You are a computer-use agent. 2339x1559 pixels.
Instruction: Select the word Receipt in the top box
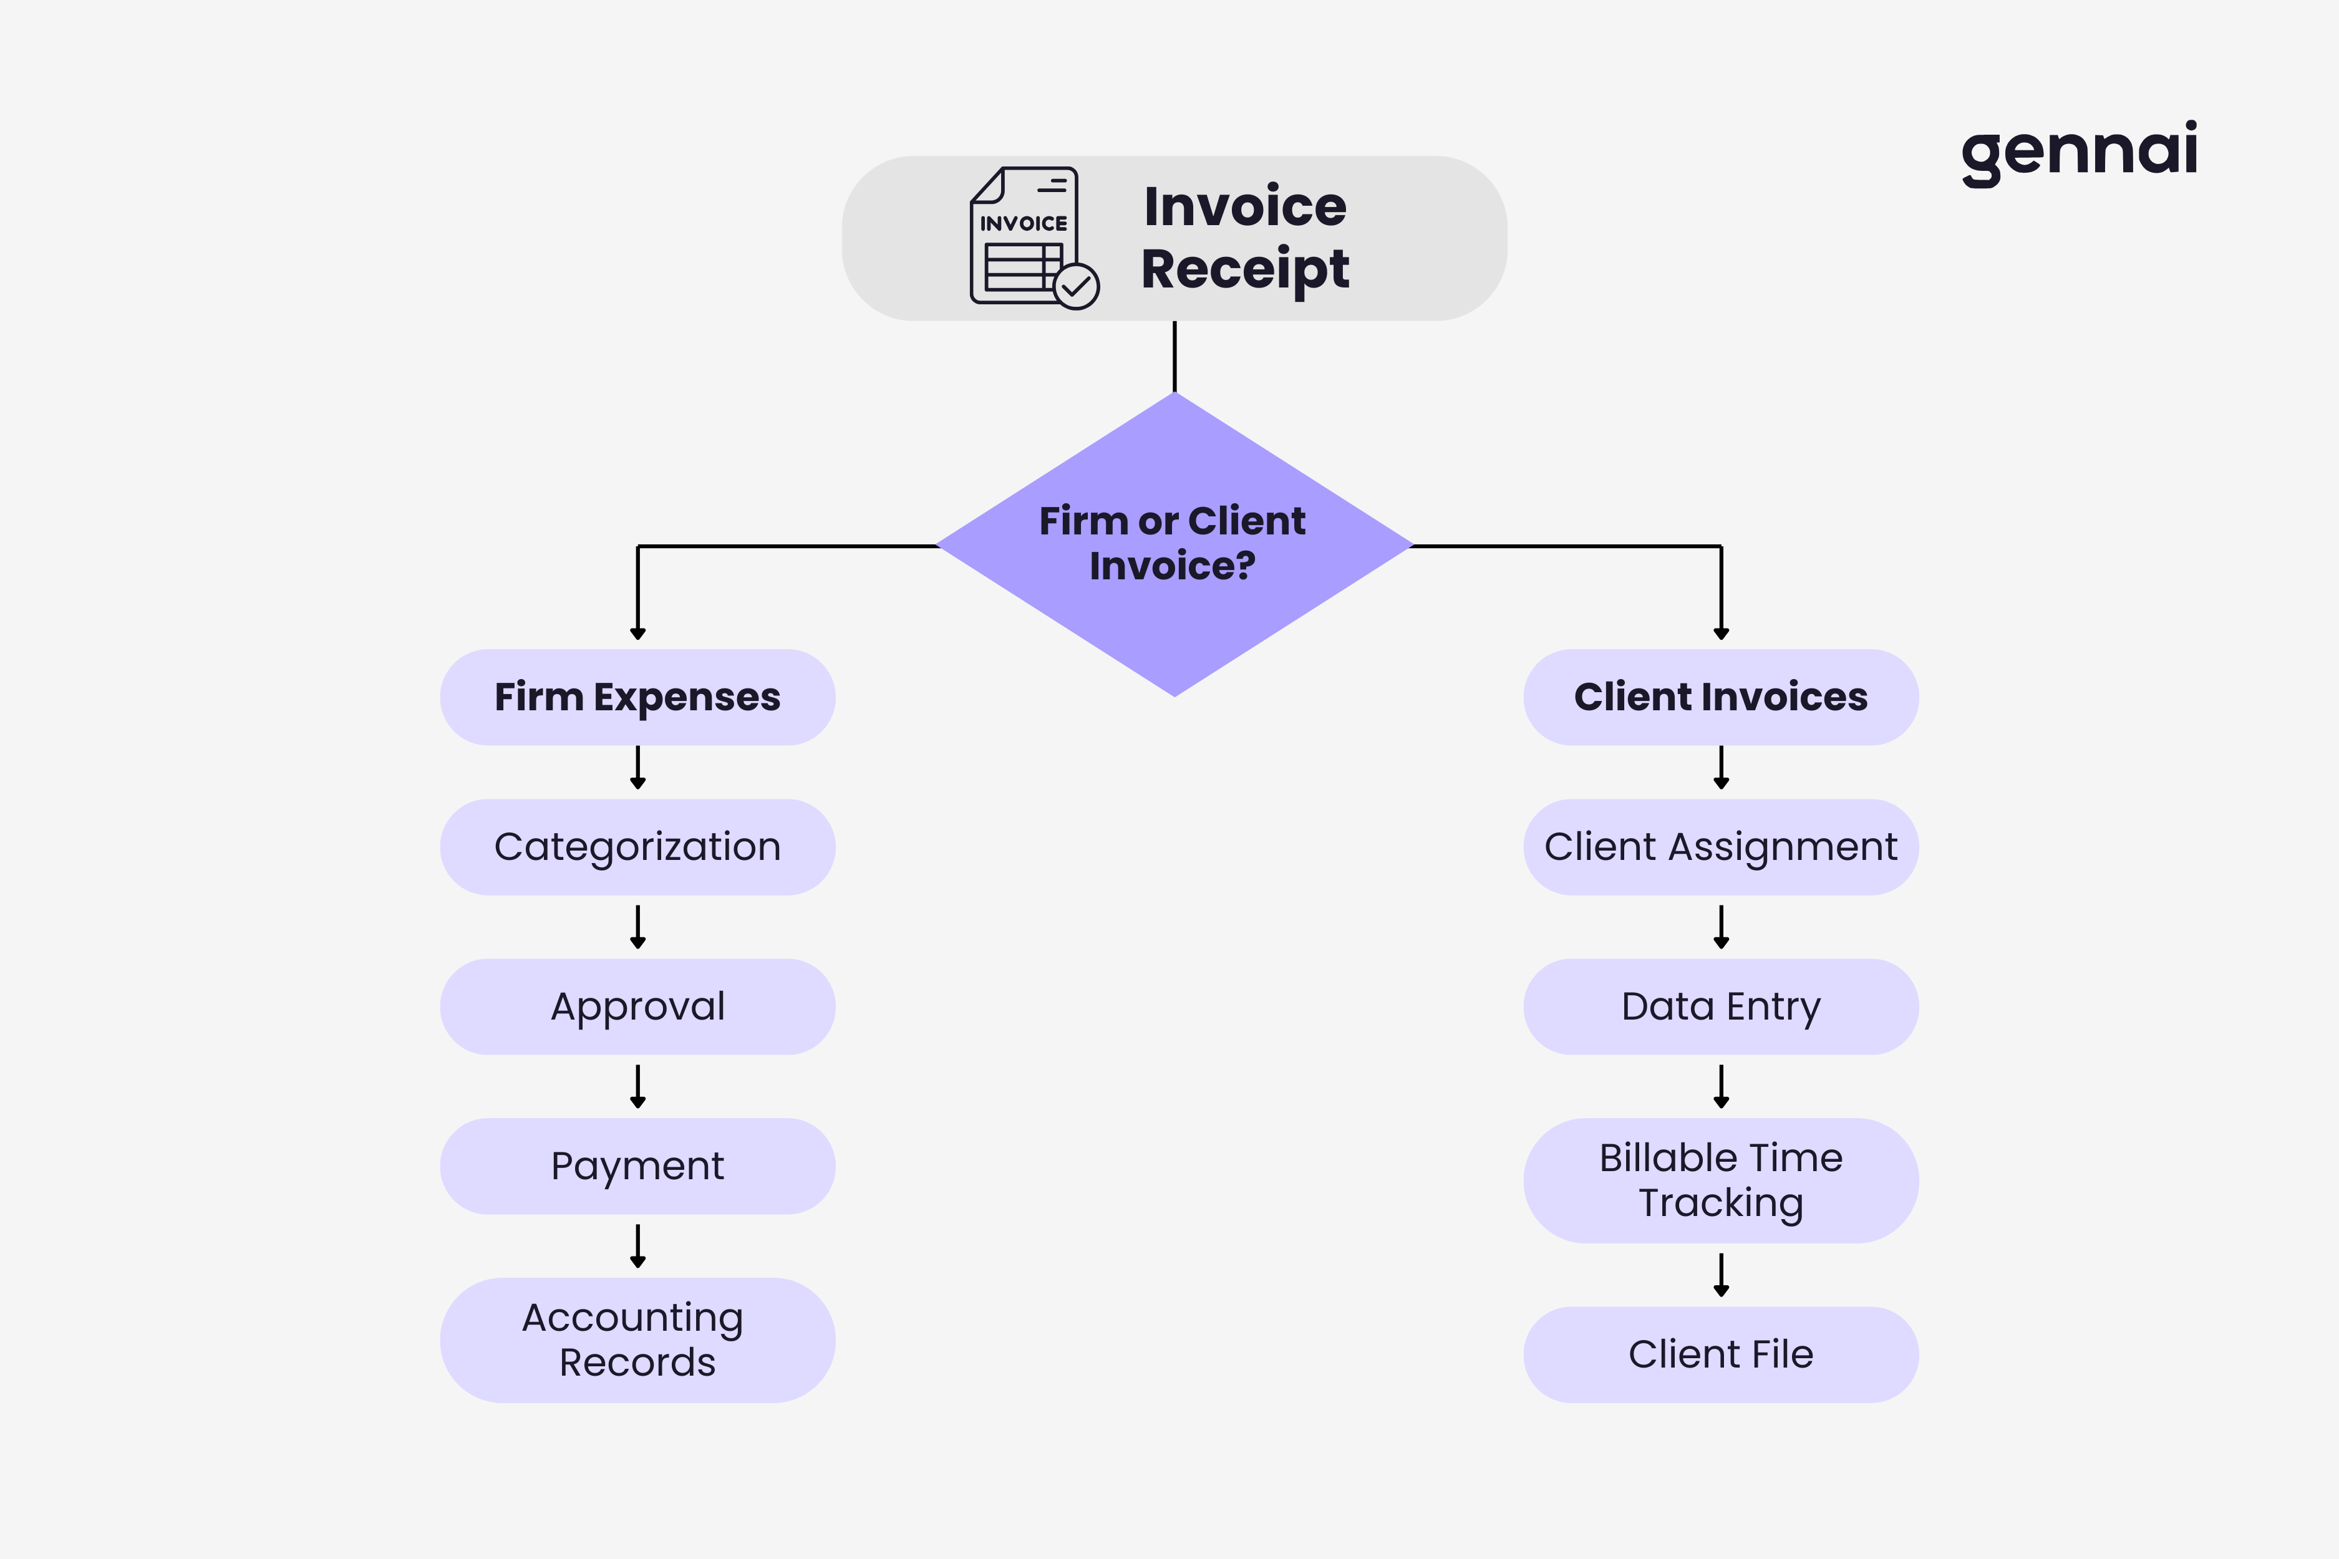coord(1244,268)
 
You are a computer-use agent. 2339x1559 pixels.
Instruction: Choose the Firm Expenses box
coord(637,697)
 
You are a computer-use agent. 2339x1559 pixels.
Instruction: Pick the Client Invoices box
coord(1720,697)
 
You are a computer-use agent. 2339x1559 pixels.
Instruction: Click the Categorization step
coord(637,847)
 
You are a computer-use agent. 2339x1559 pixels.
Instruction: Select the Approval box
coord(637,1006)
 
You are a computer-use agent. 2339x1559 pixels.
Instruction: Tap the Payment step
coord(637,1166)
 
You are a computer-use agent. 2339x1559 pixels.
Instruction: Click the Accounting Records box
coord(637,1339)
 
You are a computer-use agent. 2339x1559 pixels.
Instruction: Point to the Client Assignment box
coord(1720,847)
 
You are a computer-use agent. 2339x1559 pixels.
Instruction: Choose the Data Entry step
coord(1720,1006)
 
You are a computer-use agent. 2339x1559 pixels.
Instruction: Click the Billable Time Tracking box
coord(1720,1180)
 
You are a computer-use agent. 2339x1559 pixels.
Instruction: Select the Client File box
coord(1720,1354)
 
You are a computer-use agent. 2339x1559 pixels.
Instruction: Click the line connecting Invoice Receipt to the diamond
coord(1174,356)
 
